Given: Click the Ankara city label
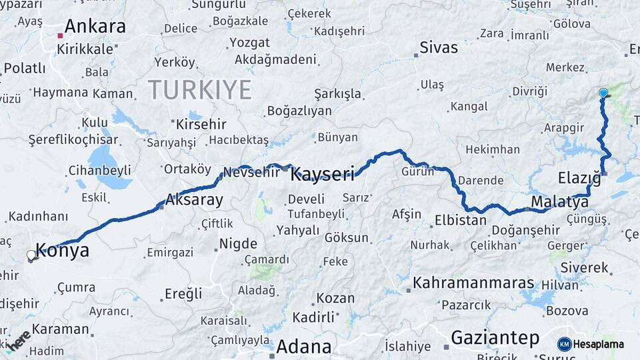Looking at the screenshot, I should coord(95,27).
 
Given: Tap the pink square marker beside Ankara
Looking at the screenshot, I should coord(60,35).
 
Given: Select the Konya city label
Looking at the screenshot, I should coord(62,251).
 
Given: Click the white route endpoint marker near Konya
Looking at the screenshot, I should coord(31,255).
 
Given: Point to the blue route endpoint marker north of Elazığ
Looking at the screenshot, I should coord(603,93).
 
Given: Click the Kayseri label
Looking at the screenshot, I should coord(323,175).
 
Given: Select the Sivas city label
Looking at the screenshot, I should coord(439,47).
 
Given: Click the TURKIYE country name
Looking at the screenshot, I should coord(199,89).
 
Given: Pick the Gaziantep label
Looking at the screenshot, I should coord(495,338).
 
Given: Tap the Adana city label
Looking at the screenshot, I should coord(303,347).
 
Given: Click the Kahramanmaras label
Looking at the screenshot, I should coord(473,283).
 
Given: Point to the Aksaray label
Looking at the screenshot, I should coord(193,199).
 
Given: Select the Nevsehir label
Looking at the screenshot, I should coord(251,172).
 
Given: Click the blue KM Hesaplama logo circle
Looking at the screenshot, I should coord(565,344).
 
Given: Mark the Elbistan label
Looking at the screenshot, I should coord(460,220).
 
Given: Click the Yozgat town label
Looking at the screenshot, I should coord(249,43).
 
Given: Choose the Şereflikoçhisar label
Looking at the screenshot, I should coord(73,140).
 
